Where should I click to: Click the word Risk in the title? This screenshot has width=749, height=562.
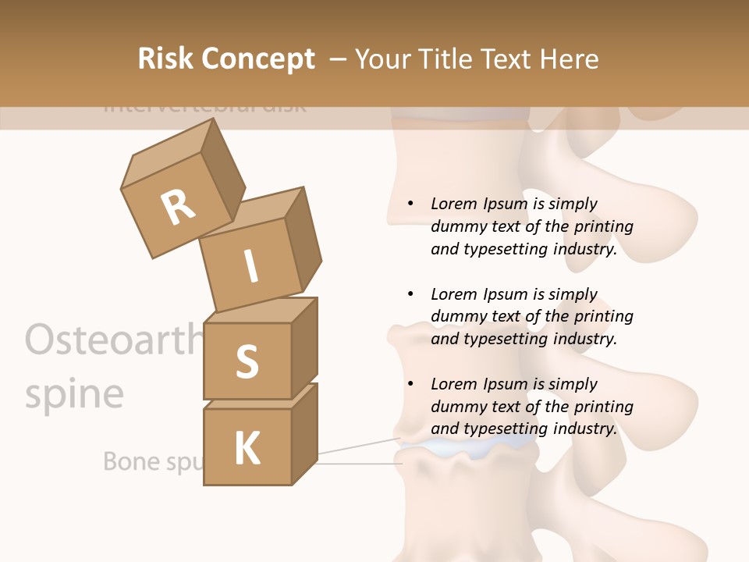point(167,59)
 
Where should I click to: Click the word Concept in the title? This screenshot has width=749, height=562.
point(258,60)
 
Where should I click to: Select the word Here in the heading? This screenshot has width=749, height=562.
point(570,59)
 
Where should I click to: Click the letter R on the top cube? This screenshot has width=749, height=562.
point(179,208)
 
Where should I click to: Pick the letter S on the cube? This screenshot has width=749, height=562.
point(247,362)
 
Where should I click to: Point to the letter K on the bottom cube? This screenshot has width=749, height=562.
point(247,449)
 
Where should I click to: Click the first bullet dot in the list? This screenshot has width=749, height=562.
point(410,204)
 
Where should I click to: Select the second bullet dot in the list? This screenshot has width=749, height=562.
point(410,294)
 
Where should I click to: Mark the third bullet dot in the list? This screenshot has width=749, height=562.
point(410,384)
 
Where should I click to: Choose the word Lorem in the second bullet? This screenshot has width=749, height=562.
point(453,294)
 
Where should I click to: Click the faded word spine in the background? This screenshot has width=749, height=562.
point(74,394)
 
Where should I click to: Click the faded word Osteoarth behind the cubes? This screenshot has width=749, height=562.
point(109,340)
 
